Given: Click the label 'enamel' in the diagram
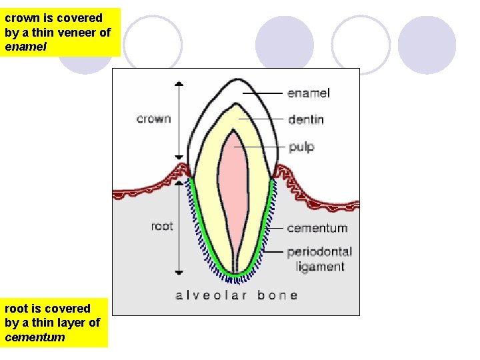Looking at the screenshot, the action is tap(309, 93).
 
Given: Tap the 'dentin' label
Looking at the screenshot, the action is tap(306, 119).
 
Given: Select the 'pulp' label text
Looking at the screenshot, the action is tap(301, 147).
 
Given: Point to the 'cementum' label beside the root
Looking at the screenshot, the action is tap(317, 228).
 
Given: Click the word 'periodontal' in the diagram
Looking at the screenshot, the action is tap(319, 252).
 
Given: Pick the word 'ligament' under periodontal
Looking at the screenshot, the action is tap(320, 267).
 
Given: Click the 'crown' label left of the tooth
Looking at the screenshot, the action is tap(153, 119).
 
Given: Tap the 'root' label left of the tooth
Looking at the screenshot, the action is tap(162, 226).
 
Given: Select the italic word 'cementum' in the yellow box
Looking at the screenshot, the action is tap(35, 337).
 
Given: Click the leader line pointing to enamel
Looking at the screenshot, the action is tap(263, 93).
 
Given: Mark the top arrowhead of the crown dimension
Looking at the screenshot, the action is tap(179, 84).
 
